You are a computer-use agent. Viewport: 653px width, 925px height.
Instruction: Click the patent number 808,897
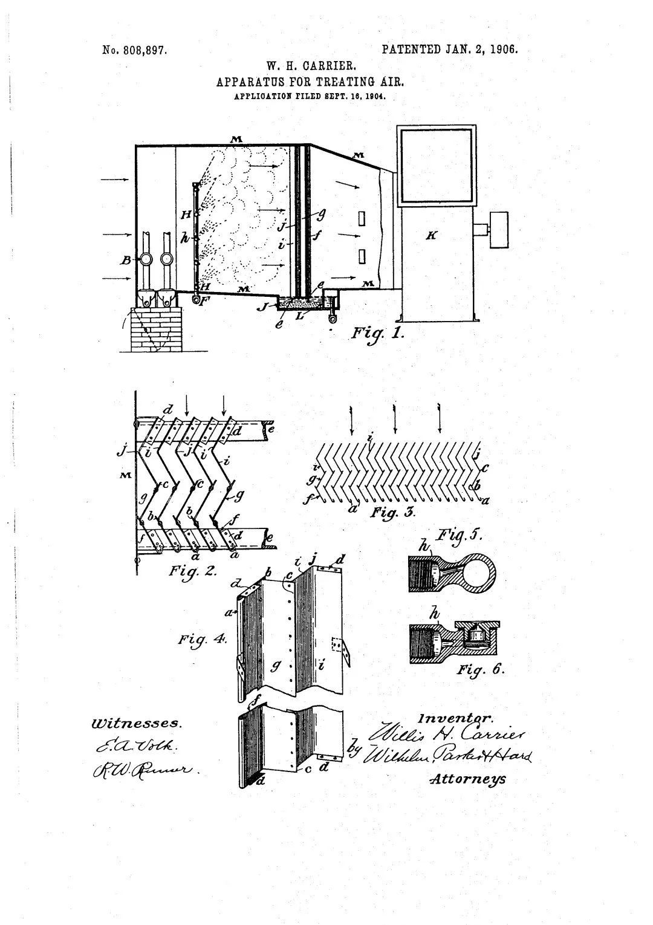(x=135, y=50)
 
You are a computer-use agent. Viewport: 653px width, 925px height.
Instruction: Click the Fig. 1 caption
(x=377, y=333)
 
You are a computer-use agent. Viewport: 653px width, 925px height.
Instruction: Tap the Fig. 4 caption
(x=202, y=639)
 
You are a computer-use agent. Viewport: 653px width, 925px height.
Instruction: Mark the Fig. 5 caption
(x=459, y=535)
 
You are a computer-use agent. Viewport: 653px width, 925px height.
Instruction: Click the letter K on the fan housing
(x=431, y=236)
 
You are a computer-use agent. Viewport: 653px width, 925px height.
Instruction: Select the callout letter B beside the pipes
(x=126, y=261)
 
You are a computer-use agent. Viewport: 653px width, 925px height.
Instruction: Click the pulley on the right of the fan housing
(x=498, y=229)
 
